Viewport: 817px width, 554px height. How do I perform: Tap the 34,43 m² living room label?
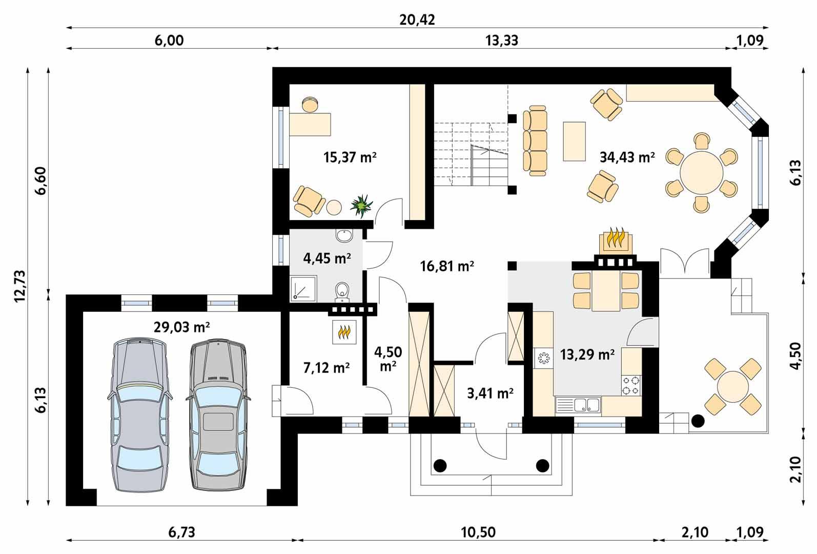pos(627,157)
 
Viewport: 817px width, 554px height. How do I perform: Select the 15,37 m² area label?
pos(350,157)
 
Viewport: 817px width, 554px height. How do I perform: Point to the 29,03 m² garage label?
pos(182,327)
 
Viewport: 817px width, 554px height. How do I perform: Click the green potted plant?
pos(362,205)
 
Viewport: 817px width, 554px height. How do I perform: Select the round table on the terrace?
pos(732,387)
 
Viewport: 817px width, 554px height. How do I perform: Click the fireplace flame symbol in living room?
pos(615,239)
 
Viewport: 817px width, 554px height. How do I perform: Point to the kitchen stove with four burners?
pos(631,385)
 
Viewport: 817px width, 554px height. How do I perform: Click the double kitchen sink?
pos(587,405)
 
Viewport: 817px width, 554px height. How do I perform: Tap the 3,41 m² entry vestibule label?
pos(490,393)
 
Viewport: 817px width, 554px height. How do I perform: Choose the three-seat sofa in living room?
pos(535,141)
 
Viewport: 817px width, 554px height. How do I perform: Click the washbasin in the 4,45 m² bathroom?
pos(344,236)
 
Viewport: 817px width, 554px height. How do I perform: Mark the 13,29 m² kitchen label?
pos(587,354)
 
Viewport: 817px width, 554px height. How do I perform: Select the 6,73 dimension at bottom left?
pos(181,532)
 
